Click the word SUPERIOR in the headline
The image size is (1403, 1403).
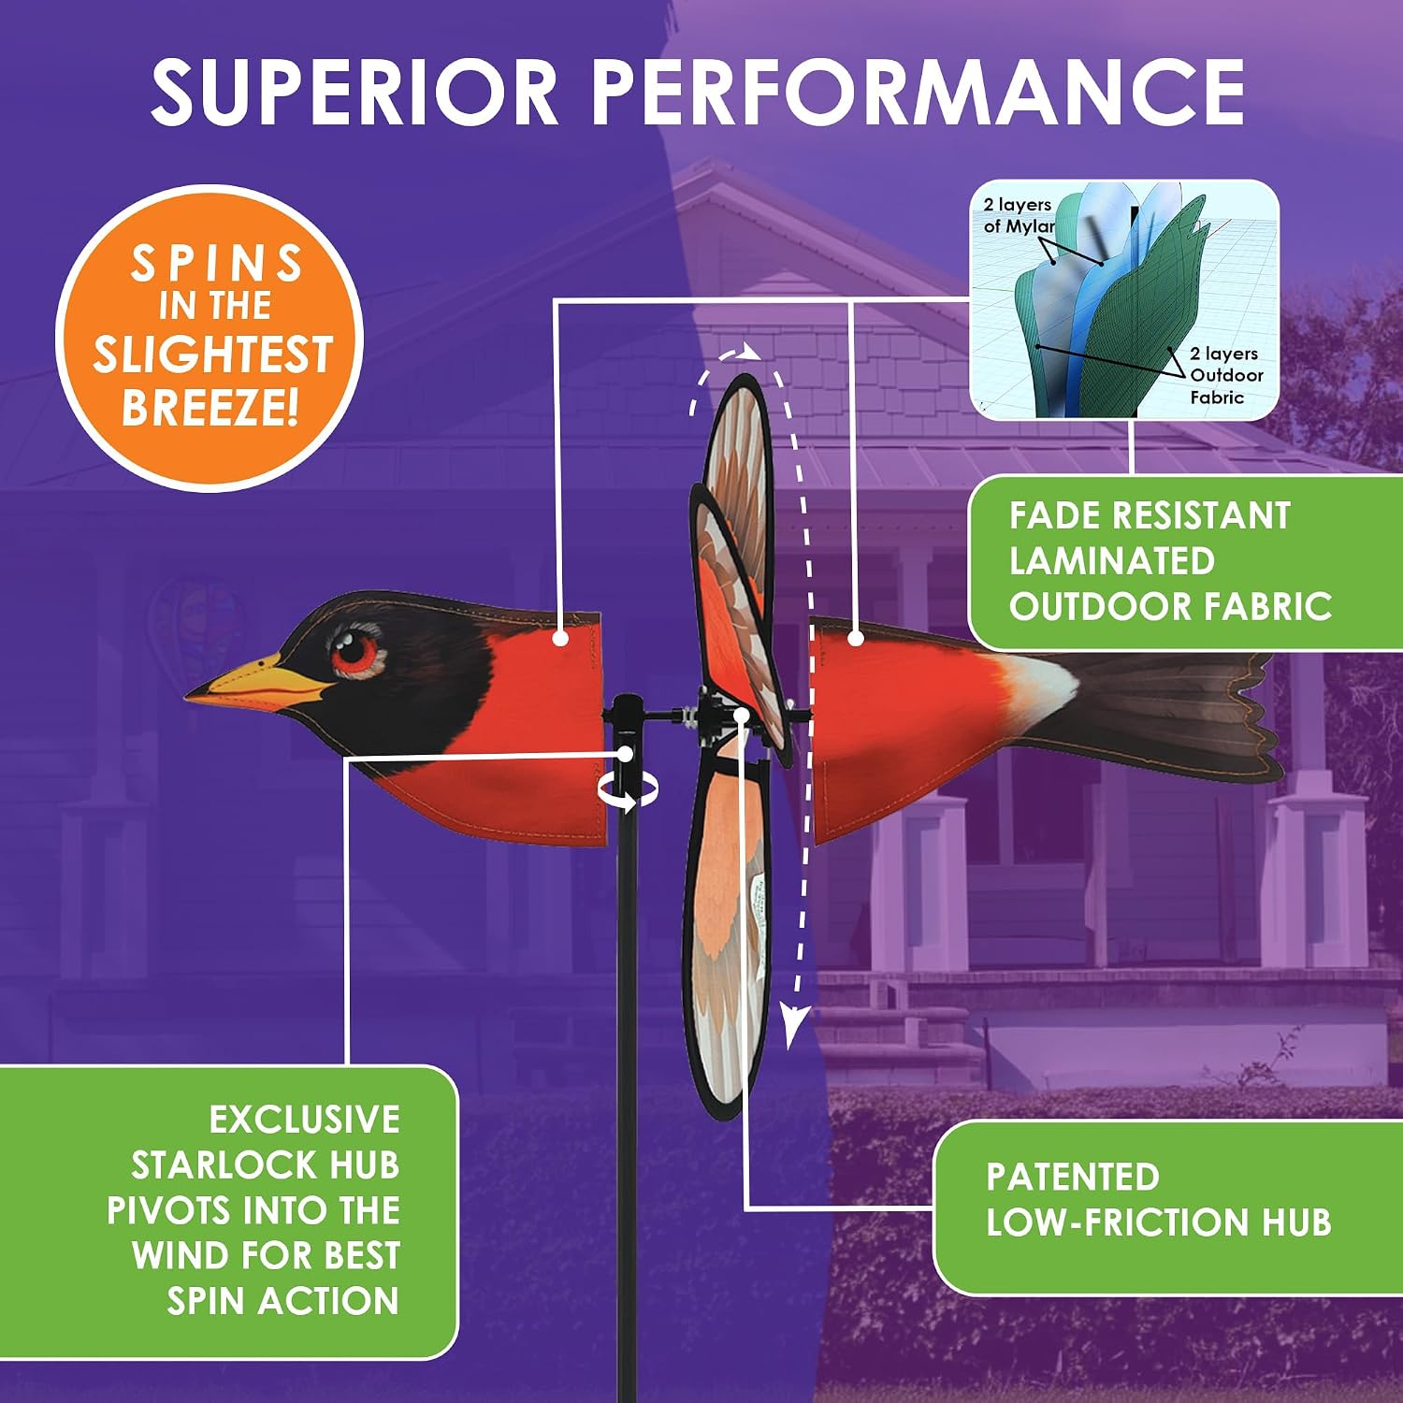(355, 92)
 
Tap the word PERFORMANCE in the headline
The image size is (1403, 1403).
(918, 92)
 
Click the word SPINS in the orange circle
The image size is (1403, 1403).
(216, 264)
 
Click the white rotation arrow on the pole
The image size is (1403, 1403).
(629, 791)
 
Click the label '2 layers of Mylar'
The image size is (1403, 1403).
(1019, 215)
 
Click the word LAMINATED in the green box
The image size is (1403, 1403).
(1111, 560)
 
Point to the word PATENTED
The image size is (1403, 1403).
(1073, 1177)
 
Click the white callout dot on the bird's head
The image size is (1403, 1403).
(560, 638)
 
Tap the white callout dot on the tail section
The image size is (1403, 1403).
(855, 638)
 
